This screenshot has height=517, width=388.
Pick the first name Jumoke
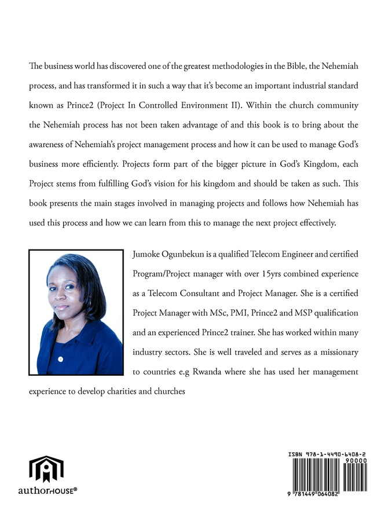pyautogui.click(x=148, y=254)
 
